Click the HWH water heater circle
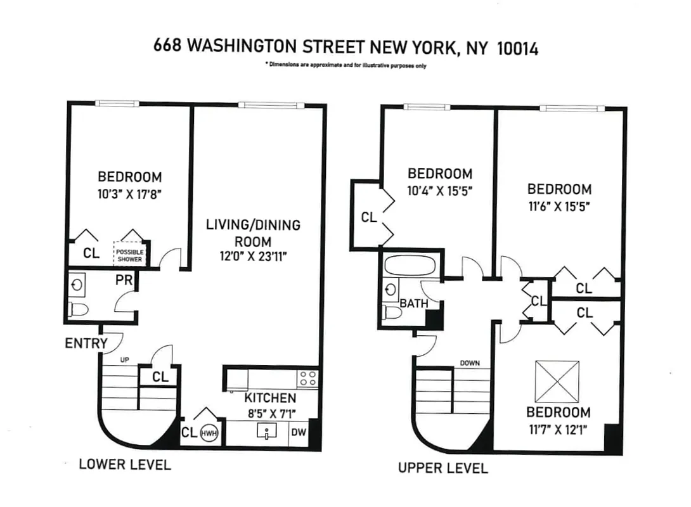tap(209, 433)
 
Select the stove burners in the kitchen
tap(308, 378)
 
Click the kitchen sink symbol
tap(267, 433)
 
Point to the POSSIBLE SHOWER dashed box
tap(129, 255)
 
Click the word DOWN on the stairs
tap(470, 363)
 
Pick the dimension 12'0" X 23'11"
tap(253, 257)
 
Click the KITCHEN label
tap(270, 398)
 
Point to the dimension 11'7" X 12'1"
tap(557, 430)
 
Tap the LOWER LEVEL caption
tap(124, 465)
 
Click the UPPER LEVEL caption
tap(442, 468)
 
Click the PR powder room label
tap(124, 280)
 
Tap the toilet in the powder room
tap(79, 309)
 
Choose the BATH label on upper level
tap(413, 304)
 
